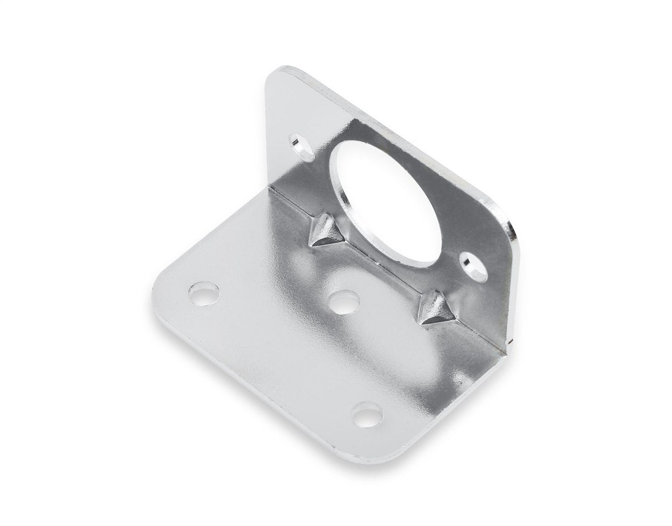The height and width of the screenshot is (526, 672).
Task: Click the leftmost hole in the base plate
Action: [x=204, y=293]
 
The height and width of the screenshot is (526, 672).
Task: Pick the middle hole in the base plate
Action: [x=343, y=302]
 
